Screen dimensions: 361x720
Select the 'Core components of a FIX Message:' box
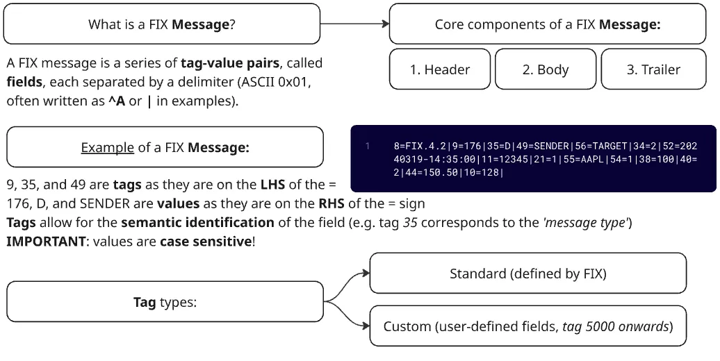click(547, 24)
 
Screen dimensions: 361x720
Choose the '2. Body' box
click(545, 69)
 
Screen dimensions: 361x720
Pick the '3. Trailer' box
click(653, 69)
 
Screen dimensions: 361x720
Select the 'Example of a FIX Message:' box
click(165, 148)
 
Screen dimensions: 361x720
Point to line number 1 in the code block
click(366, 146)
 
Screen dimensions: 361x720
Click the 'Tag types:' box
click(165, 302)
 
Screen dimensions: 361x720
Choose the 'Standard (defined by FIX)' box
click(527, 274)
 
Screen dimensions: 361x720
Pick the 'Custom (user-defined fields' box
click(527, 326)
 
